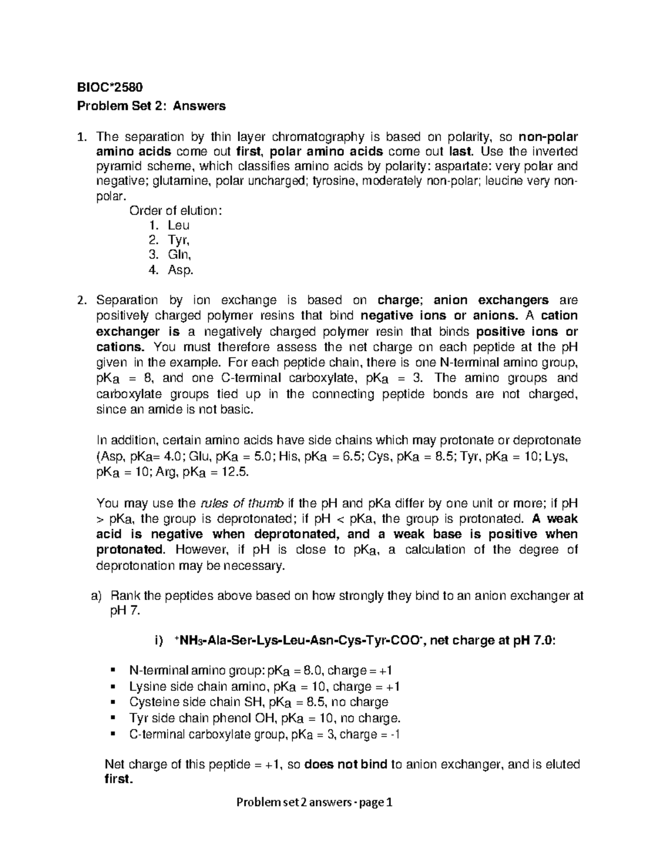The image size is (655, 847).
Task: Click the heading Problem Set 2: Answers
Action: (151, 106)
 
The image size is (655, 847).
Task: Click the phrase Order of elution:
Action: (175, 211)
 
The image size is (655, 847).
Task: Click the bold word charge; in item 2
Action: (400, 300)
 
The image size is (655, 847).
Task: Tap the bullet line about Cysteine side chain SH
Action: (258, 702)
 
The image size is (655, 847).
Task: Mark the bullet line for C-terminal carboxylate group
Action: (264, 734)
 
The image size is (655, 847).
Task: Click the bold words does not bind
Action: (346, 765)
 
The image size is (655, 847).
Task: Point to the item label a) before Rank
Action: (96, 596)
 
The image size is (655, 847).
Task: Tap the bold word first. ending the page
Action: (118, 779)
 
